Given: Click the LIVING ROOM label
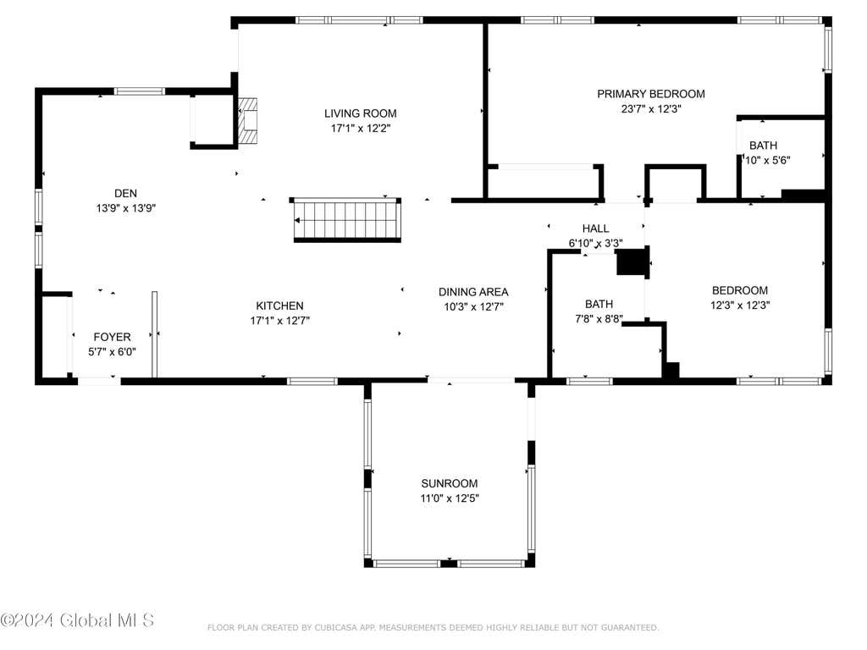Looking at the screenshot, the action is click(x=360, y=113).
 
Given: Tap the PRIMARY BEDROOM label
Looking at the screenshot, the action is click(x=651, y=94).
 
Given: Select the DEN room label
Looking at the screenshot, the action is click(x=125, y=194).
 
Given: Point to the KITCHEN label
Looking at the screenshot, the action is click(x=279, y=306).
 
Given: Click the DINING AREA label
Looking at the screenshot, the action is click(x=473, y=292).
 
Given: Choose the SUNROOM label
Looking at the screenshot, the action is click(x=449, y=483).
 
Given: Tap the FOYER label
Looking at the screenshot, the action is click(x=113, y=337).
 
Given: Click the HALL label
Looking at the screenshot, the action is click(x=595, y=229).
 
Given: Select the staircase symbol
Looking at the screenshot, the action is click(x=346, y=219).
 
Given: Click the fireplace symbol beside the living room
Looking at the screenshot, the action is click(x=248, y=122).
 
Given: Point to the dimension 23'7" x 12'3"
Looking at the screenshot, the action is click(x=651, y=109).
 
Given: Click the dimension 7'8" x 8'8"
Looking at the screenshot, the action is click(x=599, y=319).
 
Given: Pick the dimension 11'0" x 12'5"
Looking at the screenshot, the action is click(x=449, y=498).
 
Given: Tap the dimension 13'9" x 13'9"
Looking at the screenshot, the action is click(x=125, y=208).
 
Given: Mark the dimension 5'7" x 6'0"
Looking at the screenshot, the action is click(x=113, y=352).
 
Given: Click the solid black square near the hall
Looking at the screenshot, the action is click(x=632, y=262).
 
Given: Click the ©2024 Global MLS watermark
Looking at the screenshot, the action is click(x=77, y=620).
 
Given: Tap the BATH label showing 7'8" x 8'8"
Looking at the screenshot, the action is click(x=599, y=304).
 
